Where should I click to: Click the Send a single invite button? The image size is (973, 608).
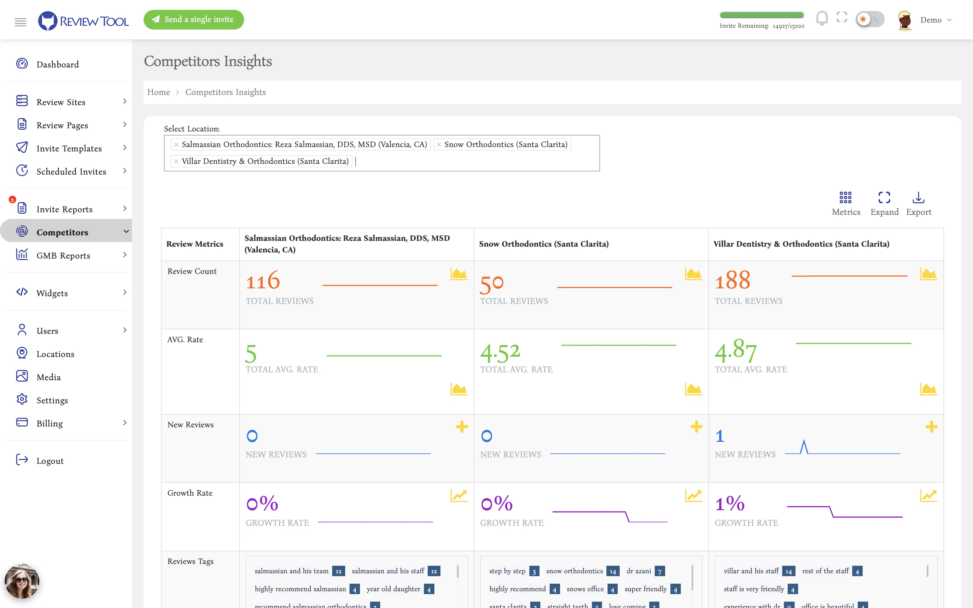193,20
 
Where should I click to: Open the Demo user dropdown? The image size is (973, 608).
925,20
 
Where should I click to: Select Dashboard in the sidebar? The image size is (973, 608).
58,64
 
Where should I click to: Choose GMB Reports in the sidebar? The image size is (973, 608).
63,255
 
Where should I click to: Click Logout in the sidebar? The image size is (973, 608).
50,461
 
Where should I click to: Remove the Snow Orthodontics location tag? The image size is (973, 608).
439,145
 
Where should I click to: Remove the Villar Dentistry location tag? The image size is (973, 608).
176,161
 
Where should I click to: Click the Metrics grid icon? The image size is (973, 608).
846,197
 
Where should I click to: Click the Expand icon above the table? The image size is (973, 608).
884,197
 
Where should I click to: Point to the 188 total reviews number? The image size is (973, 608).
733,280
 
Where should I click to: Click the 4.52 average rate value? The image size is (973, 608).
500,353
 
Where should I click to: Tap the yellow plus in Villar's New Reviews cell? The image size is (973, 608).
931,427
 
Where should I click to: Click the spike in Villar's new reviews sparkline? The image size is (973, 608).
804,441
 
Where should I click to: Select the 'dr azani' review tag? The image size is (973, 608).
639,571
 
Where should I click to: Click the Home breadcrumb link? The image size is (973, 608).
158,92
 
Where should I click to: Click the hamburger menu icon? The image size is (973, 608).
21,22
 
